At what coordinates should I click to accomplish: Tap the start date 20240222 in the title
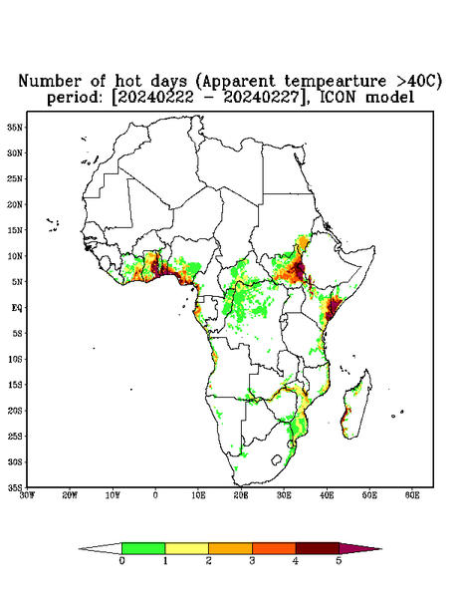(155, 98)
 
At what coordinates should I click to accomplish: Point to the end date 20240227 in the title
(261, 98)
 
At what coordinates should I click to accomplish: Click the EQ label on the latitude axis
(17, 307)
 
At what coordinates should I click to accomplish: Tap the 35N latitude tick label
(15, 128)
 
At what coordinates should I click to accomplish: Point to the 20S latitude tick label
(15, 411)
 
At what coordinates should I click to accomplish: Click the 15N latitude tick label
(15, 230)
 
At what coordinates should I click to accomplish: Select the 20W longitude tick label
(70, 495)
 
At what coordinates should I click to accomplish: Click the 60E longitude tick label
(412, 495)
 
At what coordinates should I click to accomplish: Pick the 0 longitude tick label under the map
(155, 495)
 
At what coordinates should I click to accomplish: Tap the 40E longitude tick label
(327, 495)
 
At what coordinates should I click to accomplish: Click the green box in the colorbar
(143, 548)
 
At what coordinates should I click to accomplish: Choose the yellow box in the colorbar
(186, 548)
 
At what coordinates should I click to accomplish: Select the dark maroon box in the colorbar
(318, 548)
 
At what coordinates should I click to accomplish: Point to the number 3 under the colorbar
(252, 561)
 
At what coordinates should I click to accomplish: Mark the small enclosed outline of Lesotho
(277, 459)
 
